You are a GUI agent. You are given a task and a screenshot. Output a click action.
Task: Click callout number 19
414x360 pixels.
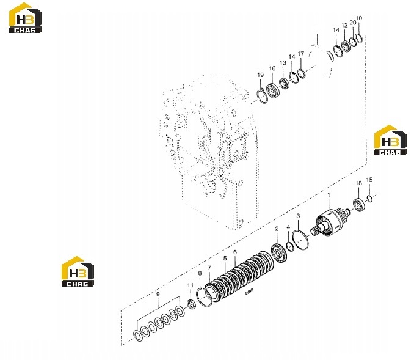coord(260,75)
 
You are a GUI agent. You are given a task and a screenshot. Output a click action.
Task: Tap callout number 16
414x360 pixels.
coord(272,68)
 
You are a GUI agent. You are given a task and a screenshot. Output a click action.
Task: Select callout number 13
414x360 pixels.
coord(283,63)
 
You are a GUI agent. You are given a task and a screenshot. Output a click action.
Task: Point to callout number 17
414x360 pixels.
coord(301,54)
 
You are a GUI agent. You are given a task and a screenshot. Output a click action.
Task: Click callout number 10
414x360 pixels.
coord(359,18)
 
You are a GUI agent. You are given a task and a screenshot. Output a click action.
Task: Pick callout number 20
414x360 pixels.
coord(353,23)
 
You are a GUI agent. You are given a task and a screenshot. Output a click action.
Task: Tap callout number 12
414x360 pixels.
coord(344,25)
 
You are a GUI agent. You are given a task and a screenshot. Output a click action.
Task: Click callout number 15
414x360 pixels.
coord(369,180)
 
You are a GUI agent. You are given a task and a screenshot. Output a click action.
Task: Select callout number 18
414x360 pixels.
coord(358,183)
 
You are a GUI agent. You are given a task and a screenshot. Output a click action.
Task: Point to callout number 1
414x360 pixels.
coord(329,195)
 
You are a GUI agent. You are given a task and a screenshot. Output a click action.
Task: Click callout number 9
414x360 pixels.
coord(158,294)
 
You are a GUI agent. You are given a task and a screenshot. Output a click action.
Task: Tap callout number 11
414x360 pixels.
coord(191,285)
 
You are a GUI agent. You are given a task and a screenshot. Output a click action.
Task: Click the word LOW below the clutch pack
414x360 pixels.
coord(249,292)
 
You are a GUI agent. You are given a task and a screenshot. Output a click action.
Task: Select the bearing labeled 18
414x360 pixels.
coord(359,205)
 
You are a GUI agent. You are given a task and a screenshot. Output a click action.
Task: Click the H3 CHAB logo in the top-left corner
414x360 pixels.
coord(26,18)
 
